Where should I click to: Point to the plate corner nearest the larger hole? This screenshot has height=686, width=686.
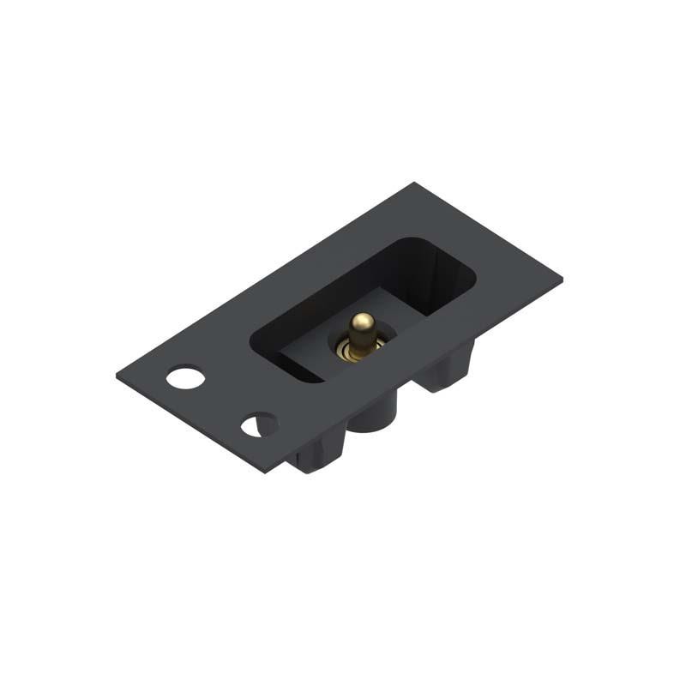click(116, 374)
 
